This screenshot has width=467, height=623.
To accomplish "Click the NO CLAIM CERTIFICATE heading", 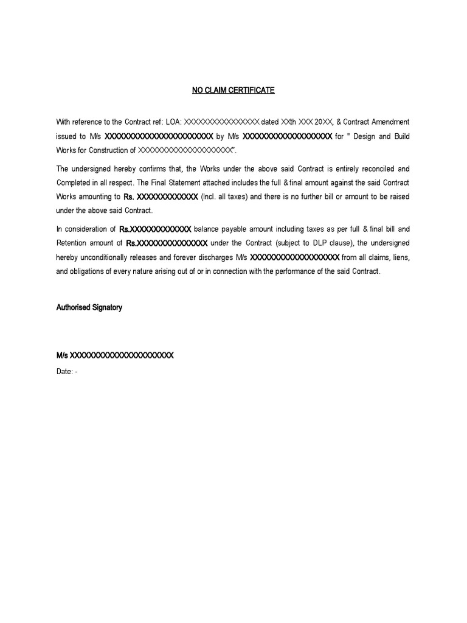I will [x=233, y=90].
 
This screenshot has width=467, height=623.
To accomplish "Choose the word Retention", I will [x=73, y=243].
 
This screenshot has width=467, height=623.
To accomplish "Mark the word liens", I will [x=401, y=257].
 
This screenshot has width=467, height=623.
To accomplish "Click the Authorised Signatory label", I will [x=89, y=308].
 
